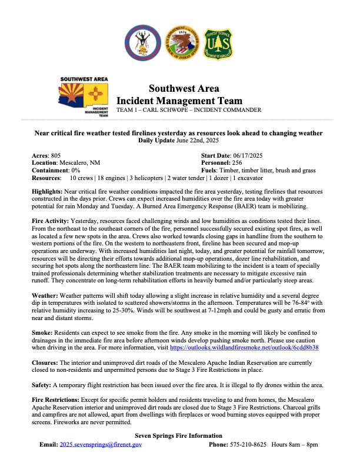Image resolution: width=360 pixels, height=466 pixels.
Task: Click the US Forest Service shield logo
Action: (x=218, y=42)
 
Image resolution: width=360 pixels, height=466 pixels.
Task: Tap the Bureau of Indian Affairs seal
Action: (x=179, y=42)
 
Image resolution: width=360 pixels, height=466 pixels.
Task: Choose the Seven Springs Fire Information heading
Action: (x=179, y=435)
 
